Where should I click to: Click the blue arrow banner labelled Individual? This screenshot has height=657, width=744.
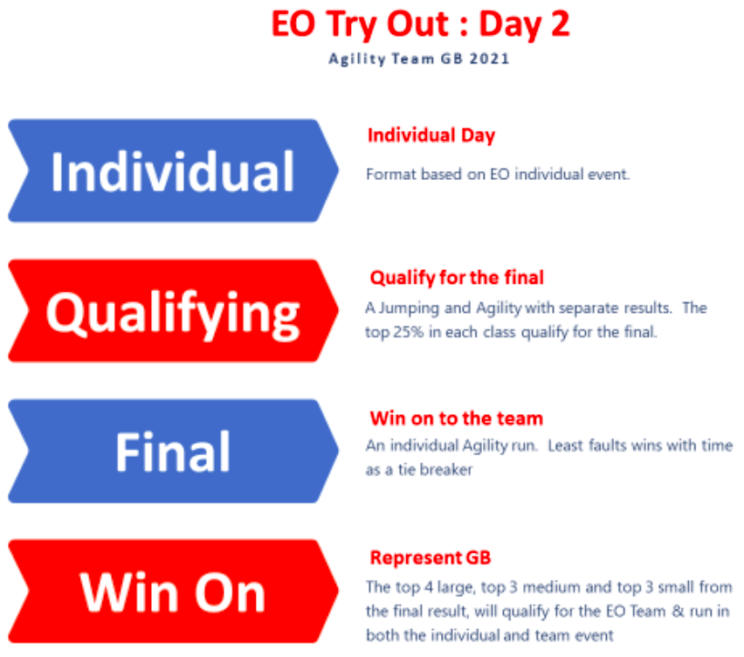point(173,170)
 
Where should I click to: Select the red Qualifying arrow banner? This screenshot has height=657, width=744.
point(173,310)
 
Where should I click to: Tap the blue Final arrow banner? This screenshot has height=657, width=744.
point(173,451)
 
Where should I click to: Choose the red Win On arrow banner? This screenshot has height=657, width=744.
point(173,591)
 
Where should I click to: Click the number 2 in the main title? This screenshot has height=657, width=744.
point(560,24)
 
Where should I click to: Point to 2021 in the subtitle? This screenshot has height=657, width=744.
point(489,59)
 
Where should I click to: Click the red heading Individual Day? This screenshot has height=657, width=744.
point(431,135)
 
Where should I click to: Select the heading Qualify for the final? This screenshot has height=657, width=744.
point(457,278)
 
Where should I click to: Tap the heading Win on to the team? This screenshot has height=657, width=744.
point(457,418)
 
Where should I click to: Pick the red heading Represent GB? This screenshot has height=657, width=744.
point(431,557)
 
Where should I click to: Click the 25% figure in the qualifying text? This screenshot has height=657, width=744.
point(408,332)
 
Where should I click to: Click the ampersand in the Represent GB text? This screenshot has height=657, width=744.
point(678,611)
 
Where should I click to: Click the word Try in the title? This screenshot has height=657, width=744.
point(352,24)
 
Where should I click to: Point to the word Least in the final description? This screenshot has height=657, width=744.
point(565,446)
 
